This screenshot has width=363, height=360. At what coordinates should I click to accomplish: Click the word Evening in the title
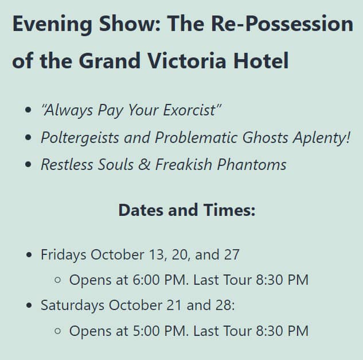(52, 24)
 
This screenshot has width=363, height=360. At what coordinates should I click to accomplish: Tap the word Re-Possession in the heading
(282, 24)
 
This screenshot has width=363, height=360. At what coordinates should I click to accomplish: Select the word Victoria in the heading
(186, 60)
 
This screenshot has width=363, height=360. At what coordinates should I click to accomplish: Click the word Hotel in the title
(261, 60)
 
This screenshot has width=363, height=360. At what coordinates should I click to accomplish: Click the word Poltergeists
(80, 138)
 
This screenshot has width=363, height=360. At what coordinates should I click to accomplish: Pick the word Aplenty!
(322, 138)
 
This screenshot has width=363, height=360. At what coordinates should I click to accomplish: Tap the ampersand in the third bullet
(145, 165)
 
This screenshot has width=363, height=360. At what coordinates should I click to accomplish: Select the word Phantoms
(252, 165)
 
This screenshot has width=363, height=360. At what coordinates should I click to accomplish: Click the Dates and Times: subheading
(187, 210)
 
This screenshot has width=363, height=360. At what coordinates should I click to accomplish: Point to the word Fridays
(64, 255)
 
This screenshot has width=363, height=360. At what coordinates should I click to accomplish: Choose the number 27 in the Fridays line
(232, 255)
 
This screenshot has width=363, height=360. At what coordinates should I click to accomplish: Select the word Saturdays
(72, 305)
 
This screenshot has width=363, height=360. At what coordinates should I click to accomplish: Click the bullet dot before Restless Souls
(28, 165)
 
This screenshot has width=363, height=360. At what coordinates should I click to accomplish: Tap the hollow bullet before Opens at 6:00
(57, 280)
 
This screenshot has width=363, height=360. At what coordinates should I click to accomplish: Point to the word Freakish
(184, 165)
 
